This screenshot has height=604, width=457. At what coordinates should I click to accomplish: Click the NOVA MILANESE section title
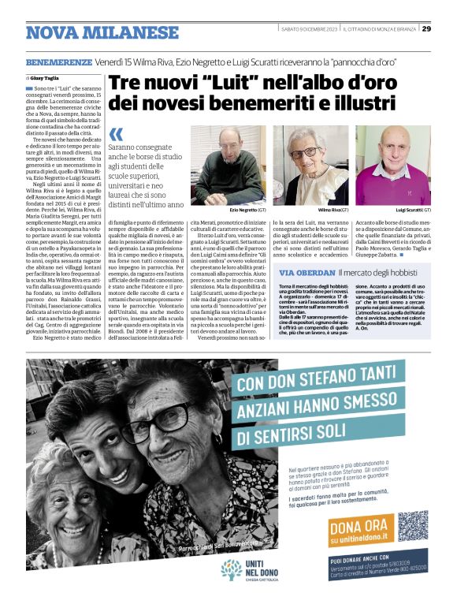102,33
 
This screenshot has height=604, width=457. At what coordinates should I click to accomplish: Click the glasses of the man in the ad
158,417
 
